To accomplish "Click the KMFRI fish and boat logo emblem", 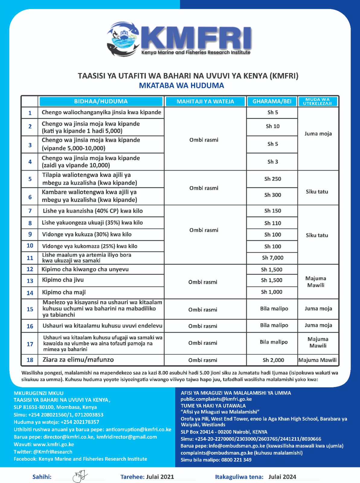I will pyautogui.click(x=122, y=39).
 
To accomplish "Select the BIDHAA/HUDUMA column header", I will pyautogui.click(x=101, y=101).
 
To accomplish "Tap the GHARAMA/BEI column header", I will pyautogui.click(x=272, y=101).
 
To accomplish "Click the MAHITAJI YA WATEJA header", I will pyautogui.click(x=205, y=101).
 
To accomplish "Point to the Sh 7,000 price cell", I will pyautogui.click(x=272, y=258).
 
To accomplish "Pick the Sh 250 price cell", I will pyautogui.click(x=272, y=179).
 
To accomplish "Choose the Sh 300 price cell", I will pyautogui.click(x=272, y=195).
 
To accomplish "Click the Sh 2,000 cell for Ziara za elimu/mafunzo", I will pyautogui.click(x=273, y=360).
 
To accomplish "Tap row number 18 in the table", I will pyautogui.click(x=30, y=360).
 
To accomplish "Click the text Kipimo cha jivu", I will pyautogui.click(x=63, y=280).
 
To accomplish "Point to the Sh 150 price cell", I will pyautogui.click(x=272, y=211).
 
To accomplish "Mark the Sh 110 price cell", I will pyautogui.click(x=272, y=223).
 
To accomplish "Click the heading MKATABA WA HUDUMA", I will pyautogui.click(x=181, y=86).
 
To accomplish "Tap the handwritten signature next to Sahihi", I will pyautogui.click(x=80, y=476).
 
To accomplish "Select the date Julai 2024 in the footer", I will pyautogui.click(x=282, y=477).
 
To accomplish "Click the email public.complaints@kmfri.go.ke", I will pyautogui.click(x=216, y=399).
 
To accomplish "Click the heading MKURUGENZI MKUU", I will pyautogui.click(x=39, y=393).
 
